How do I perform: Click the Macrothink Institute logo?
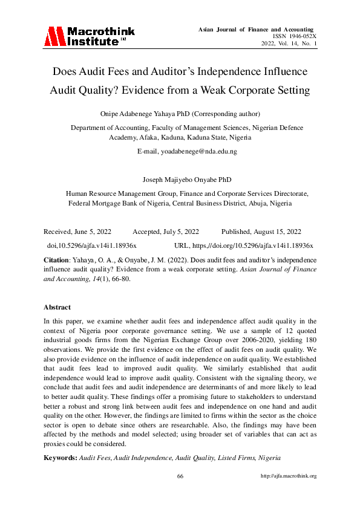tap(89, 36)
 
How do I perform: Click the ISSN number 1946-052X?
tap(301, 36)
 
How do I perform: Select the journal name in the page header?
tap(256, 29)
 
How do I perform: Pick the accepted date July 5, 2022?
tap(179, 232)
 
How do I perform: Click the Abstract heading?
tap(57, 307)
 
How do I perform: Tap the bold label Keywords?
tap(60, 458)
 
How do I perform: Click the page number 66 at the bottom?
tap(180, 476)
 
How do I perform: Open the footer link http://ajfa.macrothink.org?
tap(288, 476)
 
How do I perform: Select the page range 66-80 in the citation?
tap(119, 279)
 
